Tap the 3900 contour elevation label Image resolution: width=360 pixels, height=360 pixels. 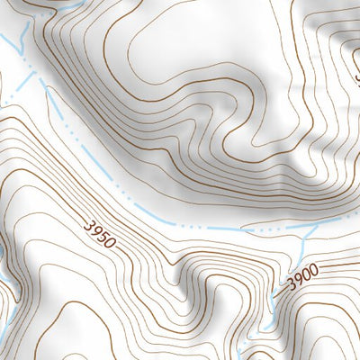coord(303,281)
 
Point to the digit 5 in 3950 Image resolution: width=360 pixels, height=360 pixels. coord(104,237)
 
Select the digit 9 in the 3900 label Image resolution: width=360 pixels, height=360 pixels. coord(298,283)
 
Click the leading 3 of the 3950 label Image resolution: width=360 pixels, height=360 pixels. coord(89,225)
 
